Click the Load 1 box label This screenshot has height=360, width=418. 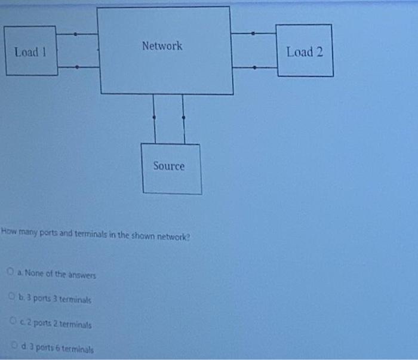click(x=30, y=52)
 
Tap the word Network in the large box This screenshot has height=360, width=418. click(x=162, y=46)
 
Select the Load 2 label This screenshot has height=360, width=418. click(x=305, y=52)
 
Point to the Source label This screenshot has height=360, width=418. click(x=169, y=166)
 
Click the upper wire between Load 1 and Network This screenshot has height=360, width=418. click(x=78, y=34)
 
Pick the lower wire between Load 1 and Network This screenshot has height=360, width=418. click(x=78, y=66)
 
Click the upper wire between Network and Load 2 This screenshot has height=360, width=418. click(x=254, y=33)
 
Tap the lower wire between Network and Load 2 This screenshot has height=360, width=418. click(x=254, y=67)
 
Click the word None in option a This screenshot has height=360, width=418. click(x=41, y=275)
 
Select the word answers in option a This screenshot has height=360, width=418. click(x=83, y=275)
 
